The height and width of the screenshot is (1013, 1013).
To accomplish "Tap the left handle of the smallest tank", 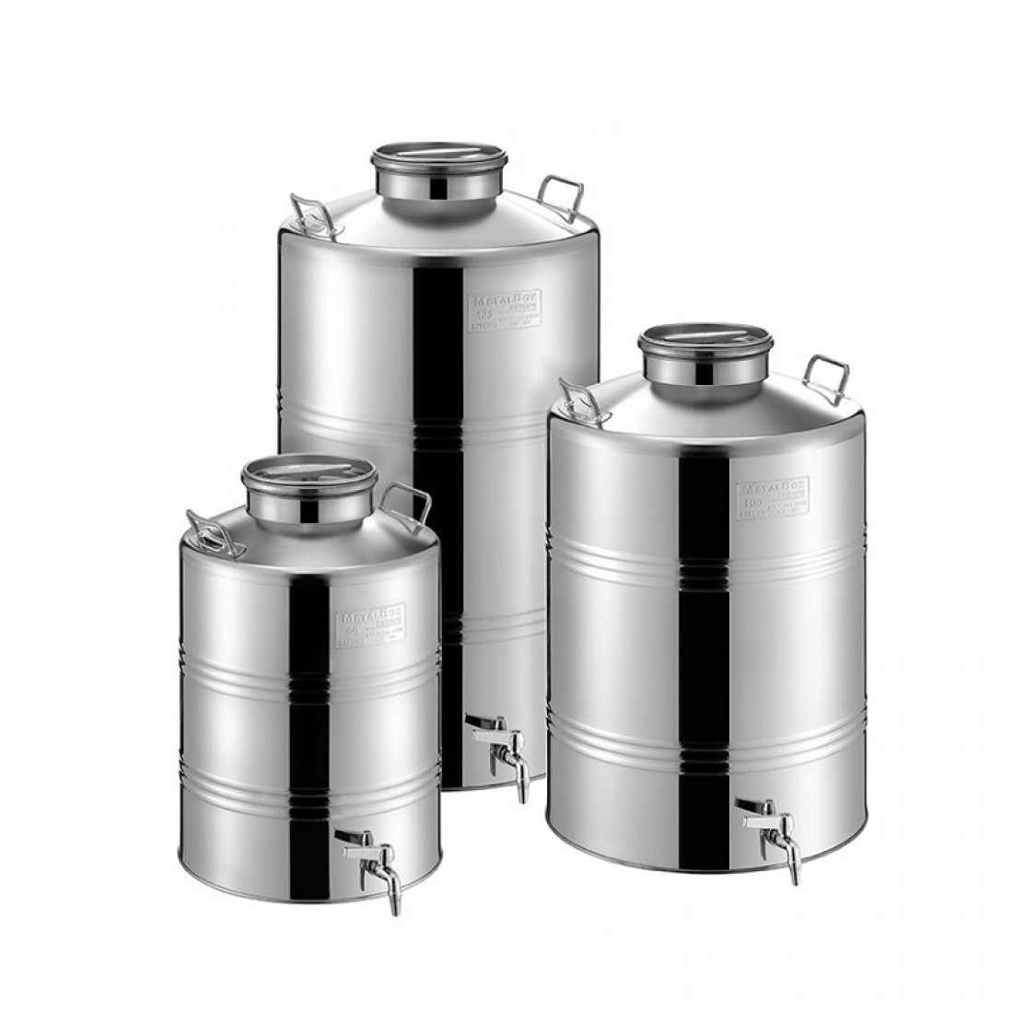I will (209, 531).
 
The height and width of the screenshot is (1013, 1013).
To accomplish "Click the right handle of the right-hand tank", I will (827, 373).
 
